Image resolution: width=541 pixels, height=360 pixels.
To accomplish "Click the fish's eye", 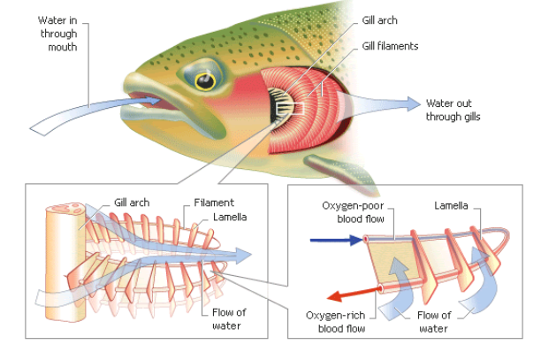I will pyautogui.click(x=205, y=81).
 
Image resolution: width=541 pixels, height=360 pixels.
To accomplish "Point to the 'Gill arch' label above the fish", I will pyautogui.click(x=381, y=19).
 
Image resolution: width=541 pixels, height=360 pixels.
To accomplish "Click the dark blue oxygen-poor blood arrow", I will pyautogui.click(x=331, y=239).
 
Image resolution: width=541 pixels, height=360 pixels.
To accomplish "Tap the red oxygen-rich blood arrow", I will pyautogui.click(x=348, y=295).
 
